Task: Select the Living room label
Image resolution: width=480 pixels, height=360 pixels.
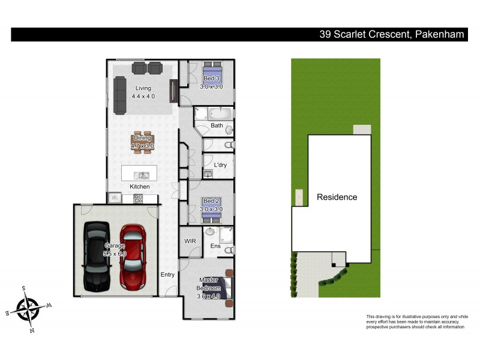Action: click(x=143, y=88)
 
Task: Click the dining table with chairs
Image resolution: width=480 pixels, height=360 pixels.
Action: click(x=143, y=142)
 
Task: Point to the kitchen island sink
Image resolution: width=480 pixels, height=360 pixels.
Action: click(x=143, y=175)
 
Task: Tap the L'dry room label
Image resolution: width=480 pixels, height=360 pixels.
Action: click(x=220, y=165)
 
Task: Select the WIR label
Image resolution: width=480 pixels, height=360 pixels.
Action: click(x=190, y=241)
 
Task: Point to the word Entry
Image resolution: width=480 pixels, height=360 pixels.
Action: click(x=167, y=274)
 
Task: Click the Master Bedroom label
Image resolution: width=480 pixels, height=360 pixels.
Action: click(x=208, y=289)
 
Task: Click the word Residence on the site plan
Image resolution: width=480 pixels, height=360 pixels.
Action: click(x=337, y=197)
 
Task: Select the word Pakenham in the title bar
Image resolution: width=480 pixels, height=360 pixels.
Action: click(x=439, y=34)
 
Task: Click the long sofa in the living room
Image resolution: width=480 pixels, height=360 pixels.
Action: click(x=121, y=95)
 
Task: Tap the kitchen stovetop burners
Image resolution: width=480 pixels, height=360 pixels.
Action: click(x=141, y=197)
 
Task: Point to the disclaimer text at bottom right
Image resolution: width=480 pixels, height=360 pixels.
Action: click(x=416, y=322)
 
